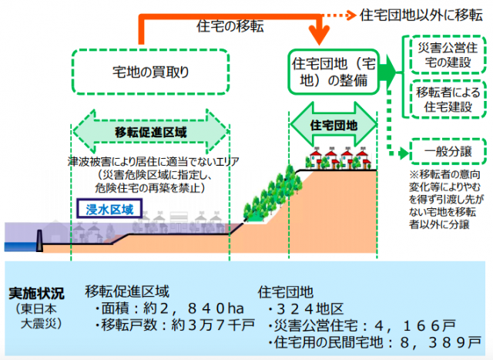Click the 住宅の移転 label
tap(231, 27)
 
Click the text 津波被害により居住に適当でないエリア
tap(153, 161)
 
